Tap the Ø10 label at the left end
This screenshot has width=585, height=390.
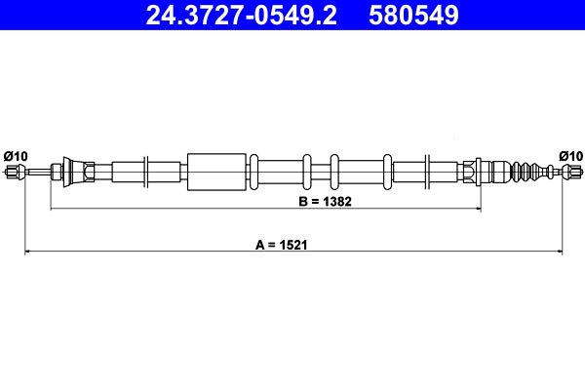pos(16,155)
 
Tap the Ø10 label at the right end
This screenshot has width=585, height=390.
pos(571,155)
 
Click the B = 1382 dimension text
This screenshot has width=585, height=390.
pos(324,202)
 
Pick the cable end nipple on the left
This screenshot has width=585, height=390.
pos(15,173)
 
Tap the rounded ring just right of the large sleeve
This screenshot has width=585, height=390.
pos(253,173)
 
